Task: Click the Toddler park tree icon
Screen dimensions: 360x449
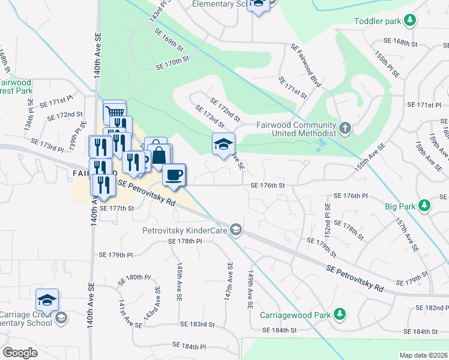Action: pos(410,21)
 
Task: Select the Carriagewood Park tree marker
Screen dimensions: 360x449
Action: pos(340,314)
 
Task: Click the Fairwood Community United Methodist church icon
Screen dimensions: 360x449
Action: pos(345,128)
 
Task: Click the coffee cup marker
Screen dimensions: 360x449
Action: pos(174,175)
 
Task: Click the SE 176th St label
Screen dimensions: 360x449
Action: pos(267,185)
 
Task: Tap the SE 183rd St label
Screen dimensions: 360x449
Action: pos(197,324)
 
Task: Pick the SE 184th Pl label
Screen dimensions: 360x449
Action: pos(189,346)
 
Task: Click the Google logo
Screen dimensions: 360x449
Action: pos(20,353)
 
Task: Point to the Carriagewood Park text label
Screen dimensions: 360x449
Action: pos(296,314)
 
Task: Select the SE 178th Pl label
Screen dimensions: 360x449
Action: pos(188,241)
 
